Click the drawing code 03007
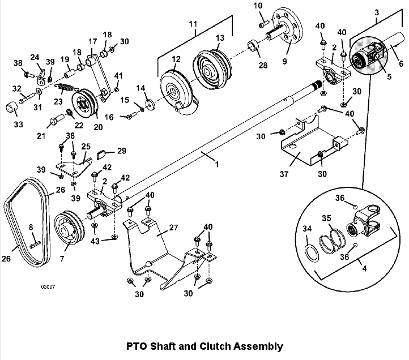pyautogui.click(x=48, y=287)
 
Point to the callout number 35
pyautogui.click(x=326, y=218)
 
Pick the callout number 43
pyautogui.click(x=95, y=242)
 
